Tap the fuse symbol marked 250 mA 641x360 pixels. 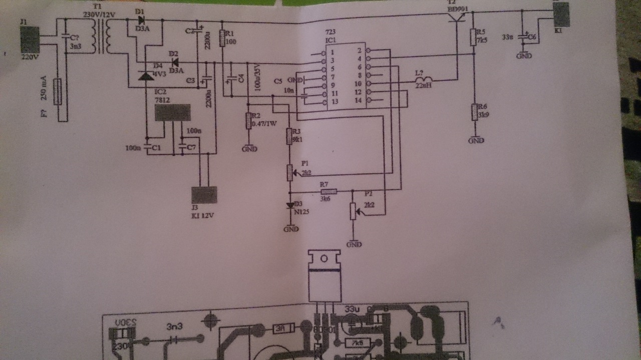coord(58,91)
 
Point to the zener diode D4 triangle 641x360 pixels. coord(146,76)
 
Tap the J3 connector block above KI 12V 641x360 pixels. coord(205,195)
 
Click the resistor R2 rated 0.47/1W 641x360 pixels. coord(248,121)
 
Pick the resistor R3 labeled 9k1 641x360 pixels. coord(289,136)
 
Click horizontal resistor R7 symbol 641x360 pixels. coord(329,191)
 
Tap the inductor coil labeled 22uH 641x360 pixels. coord(424,80)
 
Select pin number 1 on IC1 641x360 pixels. coord(332,52)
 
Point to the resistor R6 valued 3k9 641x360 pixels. coord(474,112)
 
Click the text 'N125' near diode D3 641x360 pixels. coord(301,212)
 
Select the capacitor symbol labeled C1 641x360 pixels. coord(147,148)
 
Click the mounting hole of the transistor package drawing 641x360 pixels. coord(324,259)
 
